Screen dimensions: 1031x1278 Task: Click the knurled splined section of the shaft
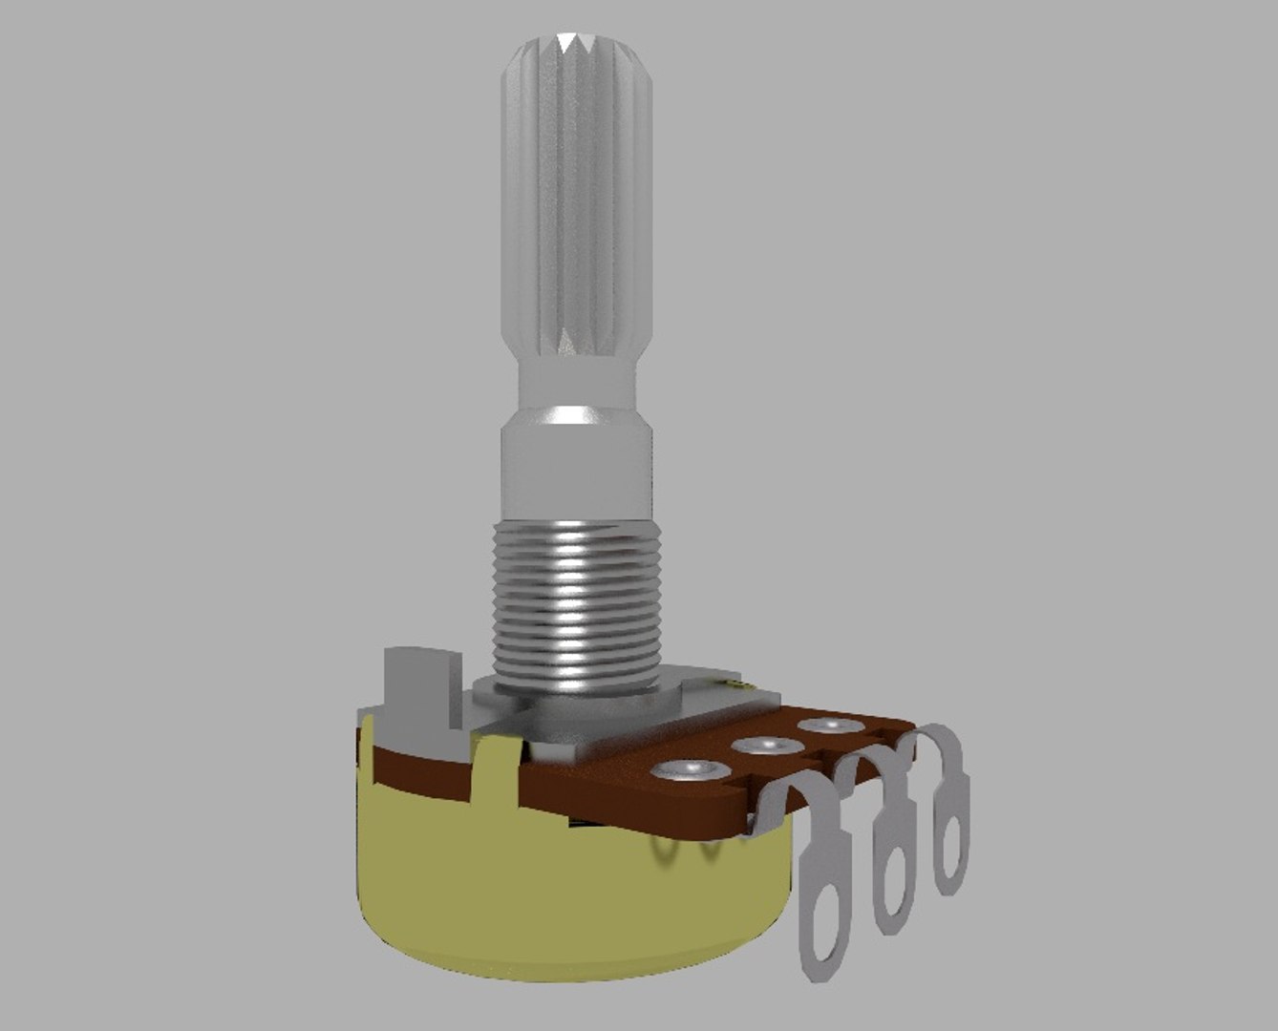tap(576, 191)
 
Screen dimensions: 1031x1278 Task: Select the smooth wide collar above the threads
tap(576, 468)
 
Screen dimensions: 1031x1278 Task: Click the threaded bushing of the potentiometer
tap(577, 601)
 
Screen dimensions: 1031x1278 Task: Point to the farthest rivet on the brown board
tap(826, 726)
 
